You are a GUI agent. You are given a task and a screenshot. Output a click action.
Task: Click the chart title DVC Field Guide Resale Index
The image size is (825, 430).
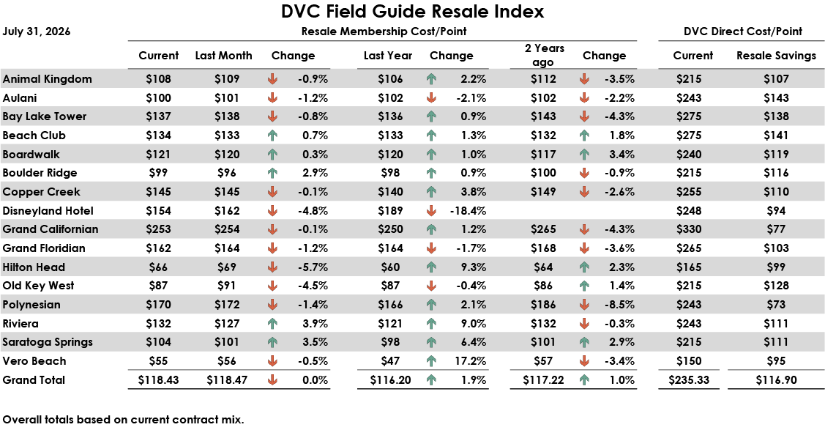(413, 12)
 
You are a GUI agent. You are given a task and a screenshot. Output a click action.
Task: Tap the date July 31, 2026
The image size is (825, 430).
(37, 31)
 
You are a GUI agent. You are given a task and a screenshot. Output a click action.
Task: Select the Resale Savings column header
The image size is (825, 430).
(776, 56)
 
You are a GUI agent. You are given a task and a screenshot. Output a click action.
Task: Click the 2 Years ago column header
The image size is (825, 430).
(544, 55)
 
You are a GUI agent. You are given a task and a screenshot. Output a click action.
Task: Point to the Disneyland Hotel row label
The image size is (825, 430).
(48, 211)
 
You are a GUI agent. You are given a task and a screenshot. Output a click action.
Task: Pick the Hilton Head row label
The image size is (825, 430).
(34, 267)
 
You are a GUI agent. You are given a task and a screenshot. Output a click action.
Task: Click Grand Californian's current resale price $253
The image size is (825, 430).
(158, 229)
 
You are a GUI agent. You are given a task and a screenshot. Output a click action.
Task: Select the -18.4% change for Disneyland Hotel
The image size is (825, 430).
(468, 211)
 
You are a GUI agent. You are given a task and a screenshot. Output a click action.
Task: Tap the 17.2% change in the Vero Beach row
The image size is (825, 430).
(471, 361)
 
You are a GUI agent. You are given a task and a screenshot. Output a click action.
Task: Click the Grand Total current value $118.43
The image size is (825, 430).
(158, 380)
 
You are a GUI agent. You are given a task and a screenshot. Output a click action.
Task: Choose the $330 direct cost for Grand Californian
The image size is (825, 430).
(689, 229)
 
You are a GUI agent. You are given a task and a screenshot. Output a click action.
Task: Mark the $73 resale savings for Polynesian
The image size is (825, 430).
(776, 305)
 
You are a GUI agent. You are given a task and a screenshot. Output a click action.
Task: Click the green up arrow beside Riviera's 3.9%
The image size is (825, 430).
(272, 324)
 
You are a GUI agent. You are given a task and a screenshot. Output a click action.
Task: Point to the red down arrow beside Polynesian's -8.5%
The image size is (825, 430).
(584, 305)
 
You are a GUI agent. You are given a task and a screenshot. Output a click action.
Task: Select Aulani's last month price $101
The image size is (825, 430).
(227, 98)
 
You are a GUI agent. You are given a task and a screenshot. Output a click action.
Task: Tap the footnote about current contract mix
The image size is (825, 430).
(123, 420)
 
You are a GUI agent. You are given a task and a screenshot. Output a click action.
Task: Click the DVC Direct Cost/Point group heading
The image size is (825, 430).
(743, 31)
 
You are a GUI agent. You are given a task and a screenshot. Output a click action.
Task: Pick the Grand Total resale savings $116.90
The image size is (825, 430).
(776, 380)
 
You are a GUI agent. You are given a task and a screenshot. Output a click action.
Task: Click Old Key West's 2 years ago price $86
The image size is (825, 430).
(543, 286)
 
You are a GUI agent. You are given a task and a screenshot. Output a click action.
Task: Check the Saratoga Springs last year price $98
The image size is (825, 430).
(390, 342)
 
